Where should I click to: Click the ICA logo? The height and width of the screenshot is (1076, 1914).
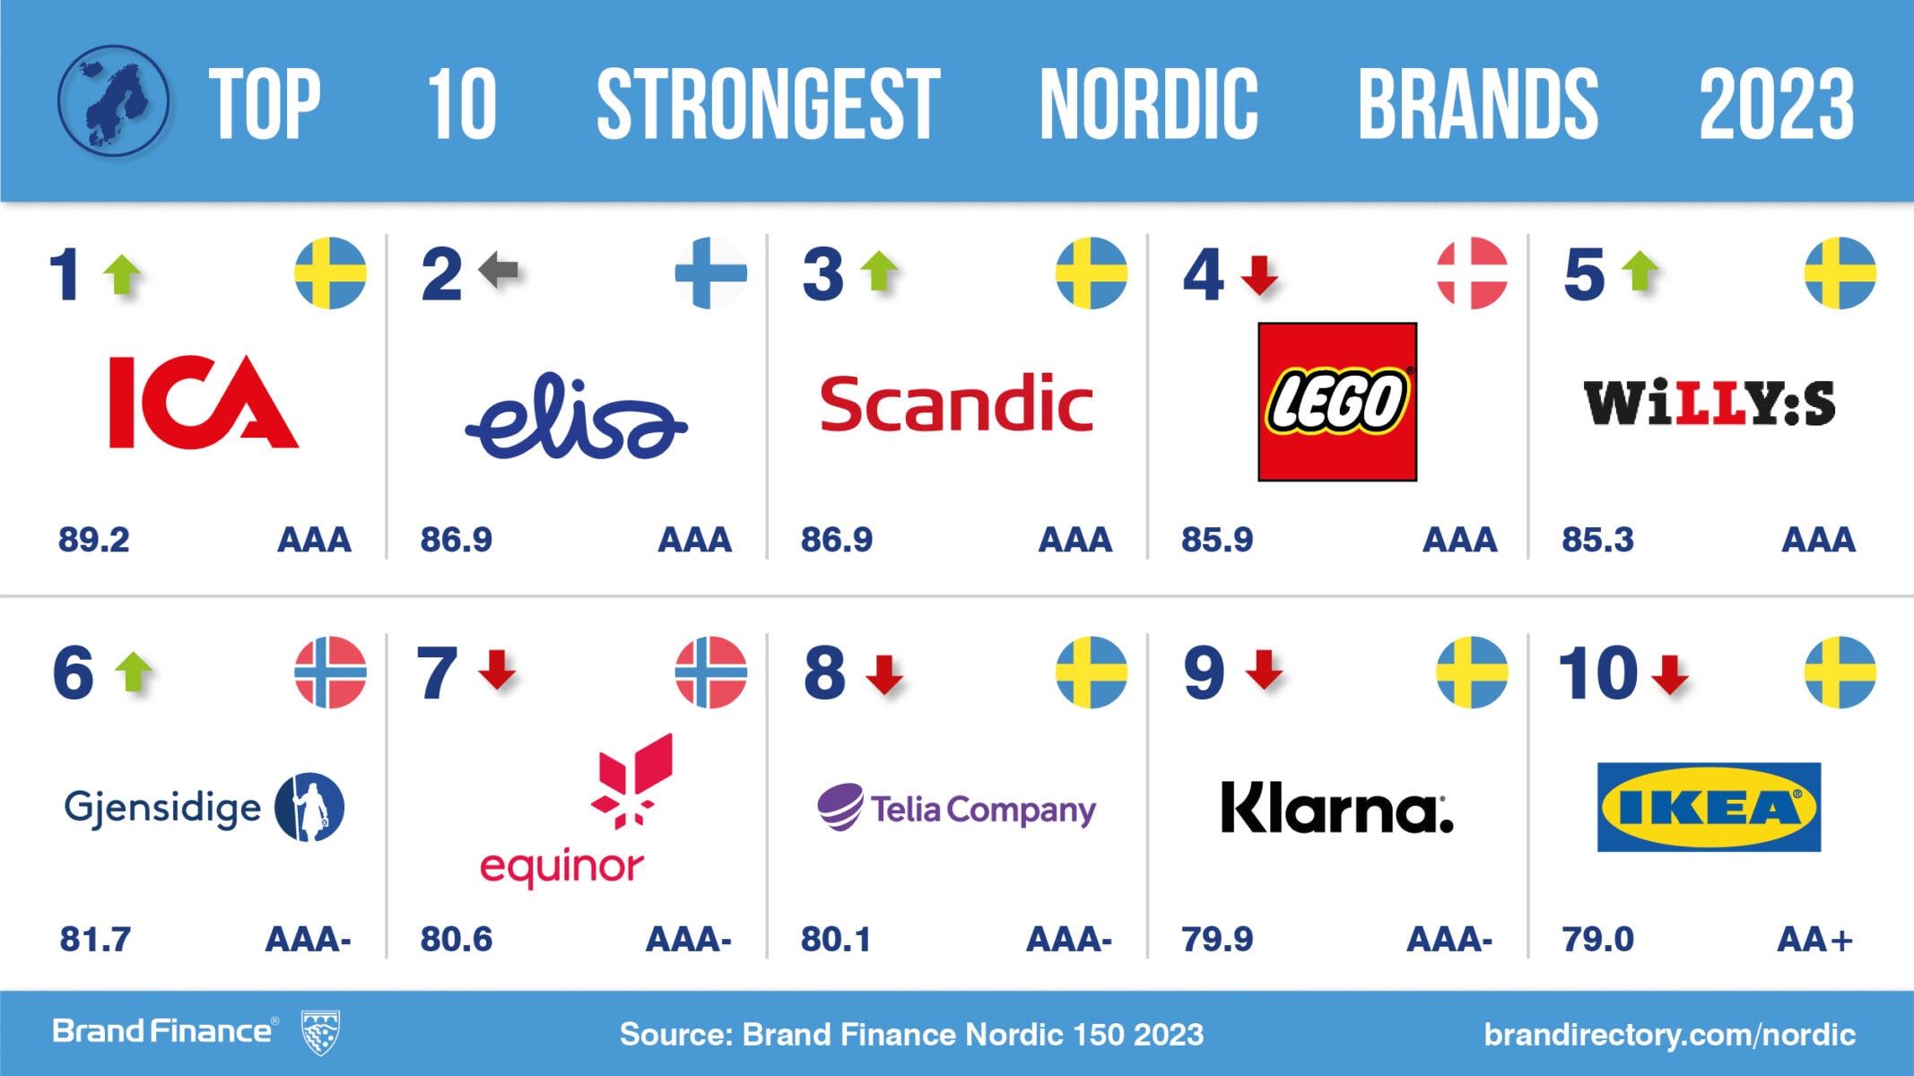(204, 401)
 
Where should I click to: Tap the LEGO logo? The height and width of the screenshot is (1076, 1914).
(1336, 402)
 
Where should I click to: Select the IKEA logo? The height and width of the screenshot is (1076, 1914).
(1709, 807)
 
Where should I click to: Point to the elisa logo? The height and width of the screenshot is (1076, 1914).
(576, 418)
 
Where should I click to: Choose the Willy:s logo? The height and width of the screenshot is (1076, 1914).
(1709, 403)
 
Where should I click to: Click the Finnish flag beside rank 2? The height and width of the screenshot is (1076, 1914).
(710, 273)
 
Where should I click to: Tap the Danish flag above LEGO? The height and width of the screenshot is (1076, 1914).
(1472, 273)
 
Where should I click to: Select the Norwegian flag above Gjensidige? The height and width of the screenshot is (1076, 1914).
(330, 672)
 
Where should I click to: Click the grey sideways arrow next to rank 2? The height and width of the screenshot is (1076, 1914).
(499, 269)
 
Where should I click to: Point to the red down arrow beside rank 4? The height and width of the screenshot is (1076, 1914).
(1260, 274)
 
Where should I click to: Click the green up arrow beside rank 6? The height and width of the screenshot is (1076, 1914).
(135, 672)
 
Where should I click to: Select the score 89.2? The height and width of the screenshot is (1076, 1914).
(94, 540)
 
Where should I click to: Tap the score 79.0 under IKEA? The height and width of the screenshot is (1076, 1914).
(1597, 940)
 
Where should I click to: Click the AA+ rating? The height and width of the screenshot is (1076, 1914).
(1814, 940)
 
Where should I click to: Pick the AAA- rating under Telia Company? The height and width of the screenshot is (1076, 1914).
(1068, 940)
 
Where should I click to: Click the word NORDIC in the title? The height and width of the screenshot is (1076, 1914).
(1148, 104)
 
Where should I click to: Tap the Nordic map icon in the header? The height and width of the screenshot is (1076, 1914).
(113, 100)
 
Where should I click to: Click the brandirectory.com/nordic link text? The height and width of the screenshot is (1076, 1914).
(1669, 1034)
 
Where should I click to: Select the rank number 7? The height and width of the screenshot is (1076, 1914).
(436, 672)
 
